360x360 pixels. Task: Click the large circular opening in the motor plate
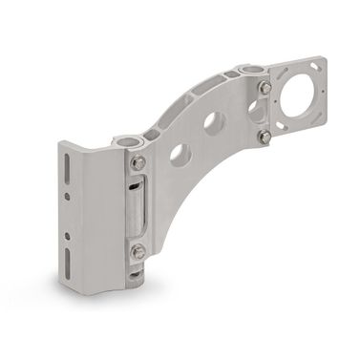click(x=296, y=95)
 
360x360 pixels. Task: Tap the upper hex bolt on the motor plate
click(x=265, y=88)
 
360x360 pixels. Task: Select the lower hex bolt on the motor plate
click(x=264, y=137)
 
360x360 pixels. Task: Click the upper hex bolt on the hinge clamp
click(x=139, y=163)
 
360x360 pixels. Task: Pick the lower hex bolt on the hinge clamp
click(x=139, y=252)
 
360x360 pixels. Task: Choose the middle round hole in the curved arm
click(x=215, y=122)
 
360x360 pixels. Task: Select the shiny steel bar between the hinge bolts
click(x=139, y=207)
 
